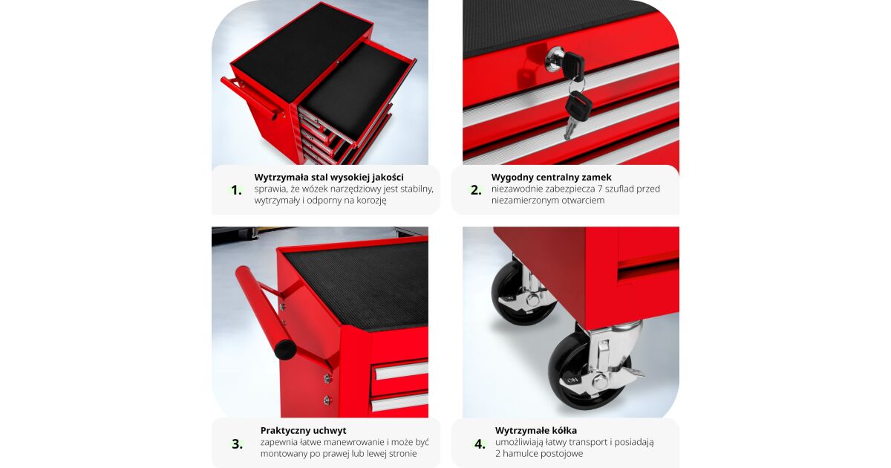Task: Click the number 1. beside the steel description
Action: (237, 190)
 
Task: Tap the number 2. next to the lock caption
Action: (476, 190)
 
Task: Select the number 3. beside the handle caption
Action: (238, 443)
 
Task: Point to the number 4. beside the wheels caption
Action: (480, 443)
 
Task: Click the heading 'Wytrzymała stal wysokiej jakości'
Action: (329, 177)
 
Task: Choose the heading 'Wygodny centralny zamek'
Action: (551, 177)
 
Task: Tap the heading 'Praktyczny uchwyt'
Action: (303, 431)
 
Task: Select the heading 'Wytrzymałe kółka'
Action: (536, 431)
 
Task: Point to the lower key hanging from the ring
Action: (575, 114)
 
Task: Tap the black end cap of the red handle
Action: (285, 350)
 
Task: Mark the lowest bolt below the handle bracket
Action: (327, 400)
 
